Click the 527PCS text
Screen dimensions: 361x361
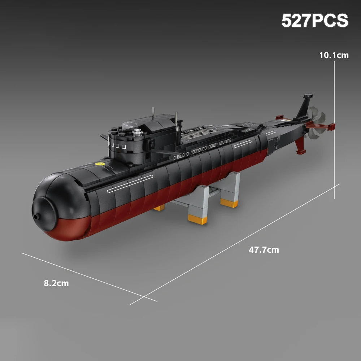315,21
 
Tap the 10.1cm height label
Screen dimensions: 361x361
334,55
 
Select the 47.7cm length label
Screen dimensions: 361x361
264,250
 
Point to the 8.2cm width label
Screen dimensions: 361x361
56,283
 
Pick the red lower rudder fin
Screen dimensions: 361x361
300,146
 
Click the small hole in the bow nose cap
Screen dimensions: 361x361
35,216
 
